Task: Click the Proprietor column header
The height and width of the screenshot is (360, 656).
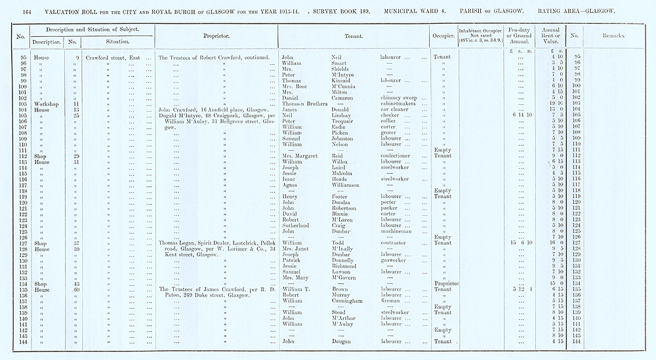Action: click(216, 36)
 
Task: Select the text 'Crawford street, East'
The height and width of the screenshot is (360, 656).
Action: click(113, 58)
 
